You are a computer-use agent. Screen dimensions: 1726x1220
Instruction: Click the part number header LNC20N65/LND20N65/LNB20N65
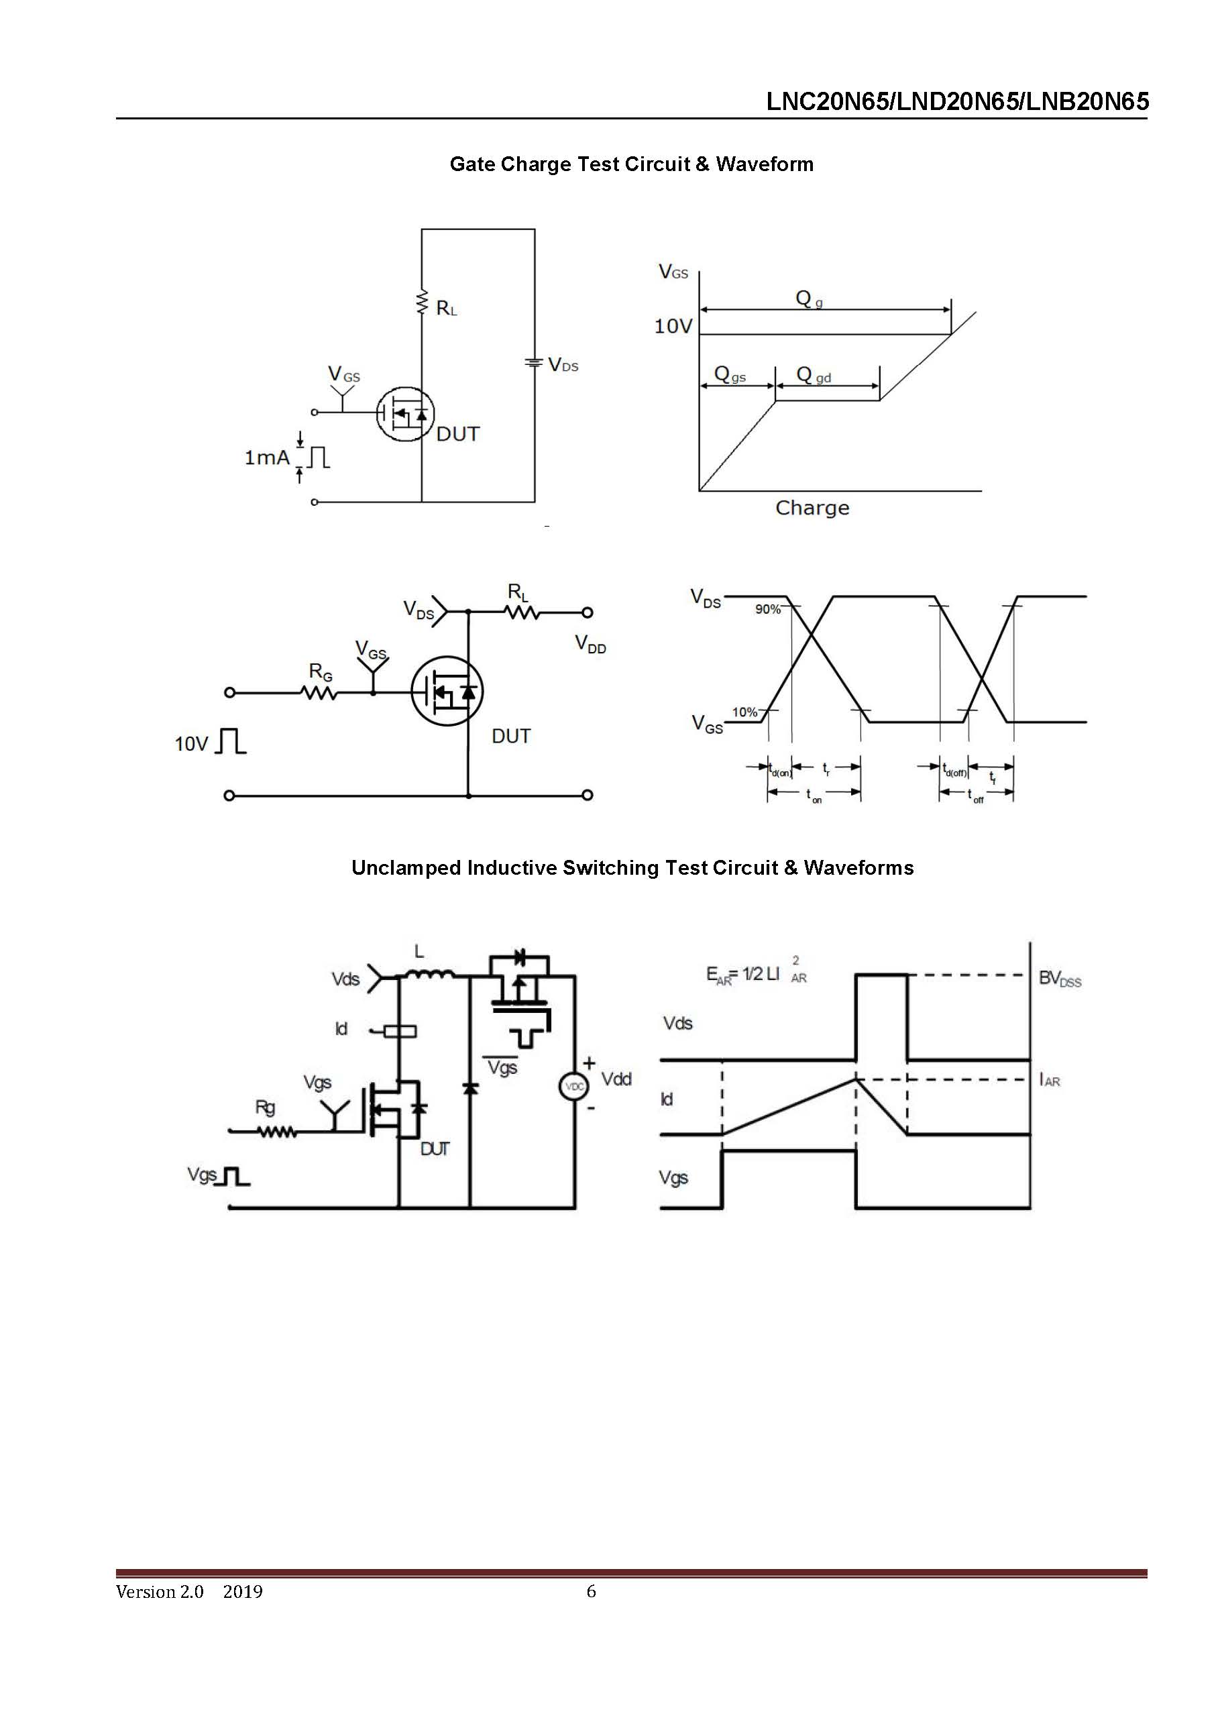pyautogui.click(x=957, y=101)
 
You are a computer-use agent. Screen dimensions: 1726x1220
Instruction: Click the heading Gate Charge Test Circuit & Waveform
pyautogui.click(x=630, y=164)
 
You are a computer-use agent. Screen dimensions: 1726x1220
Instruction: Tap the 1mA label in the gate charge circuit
pyautogui.click(x=266, y=457)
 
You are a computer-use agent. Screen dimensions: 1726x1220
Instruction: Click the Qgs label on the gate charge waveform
pyautogui.click(x=729, y=374)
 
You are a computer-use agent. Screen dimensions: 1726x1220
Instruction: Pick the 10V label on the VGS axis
pyautogui.click(x=672, y=325)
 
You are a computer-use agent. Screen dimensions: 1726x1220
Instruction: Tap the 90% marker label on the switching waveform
pyautogui.click(x=767, y=609)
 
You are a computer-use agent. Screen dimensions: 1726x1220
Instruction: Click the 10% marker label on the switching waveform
pyautogui.click(x=744, y=712)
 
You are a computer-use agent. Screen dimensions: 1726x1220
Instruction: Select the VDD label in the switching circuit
pyautogui.click(x=590, y=644)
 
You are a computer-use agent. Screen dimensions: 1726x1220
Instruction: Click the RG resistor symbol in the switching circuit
pyautogui.click(x=319, y=693)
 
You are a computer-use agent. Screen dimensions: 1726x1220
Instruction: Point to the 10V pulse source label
pyautogui.click(x=191, y=743)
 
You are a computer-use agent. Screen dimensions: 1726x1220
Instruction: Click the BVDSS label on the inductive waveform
pyautogui.click(x=1059, y=978)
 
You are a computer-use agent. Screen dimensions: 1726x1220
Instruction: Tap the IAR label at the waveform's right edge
pyautogui.click(x=1050, y=1080)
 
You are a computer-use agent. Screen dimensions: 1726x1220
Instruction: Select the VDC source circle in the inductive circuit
pyautogui.click(x=573, y=1086)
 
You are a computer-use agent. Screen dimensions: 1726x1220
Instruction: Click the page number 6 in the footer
pyautogui.click(x=591, y=1590)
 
